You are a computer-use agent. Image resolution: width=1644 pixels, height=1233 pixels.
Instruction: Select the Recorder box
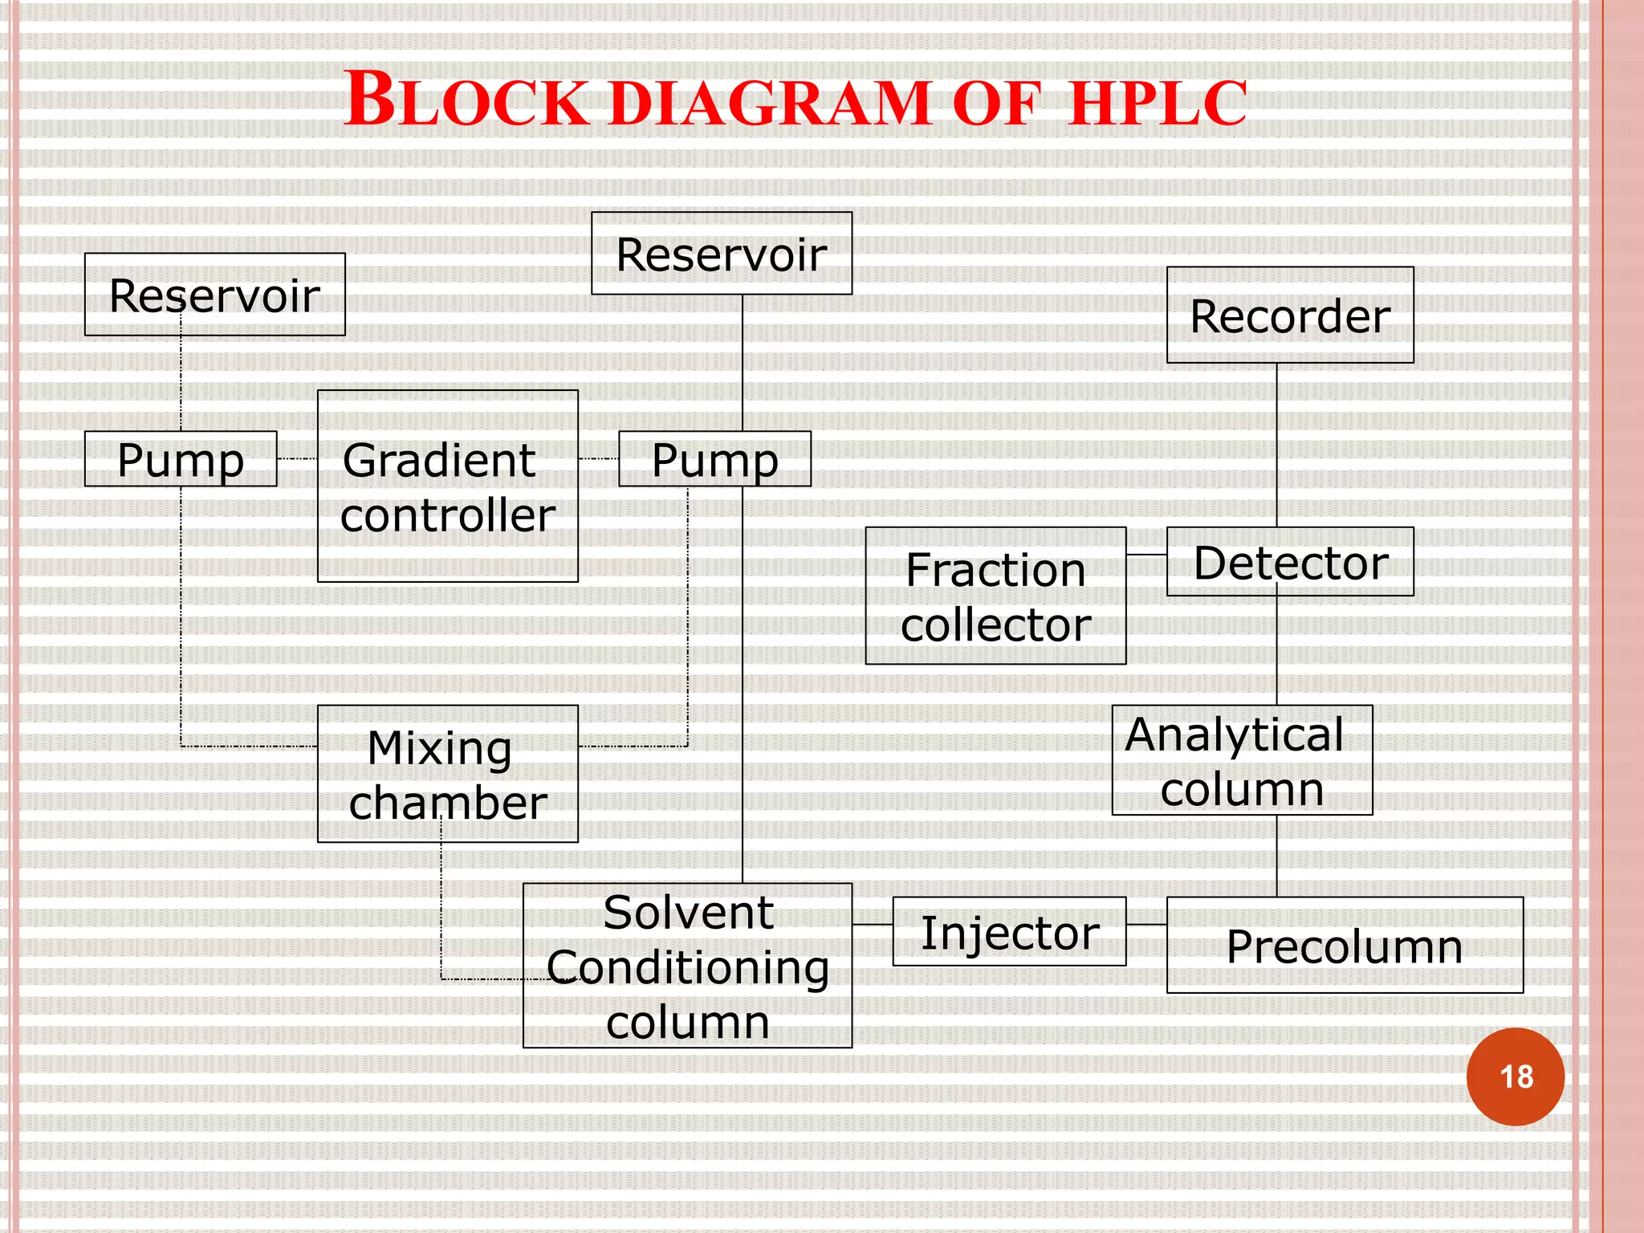pyautogui.click(x=1289, y=315)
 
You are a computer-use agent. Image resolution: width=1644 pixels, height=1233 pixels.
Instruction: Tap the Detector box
pyautogui.click(x=1289, y=562)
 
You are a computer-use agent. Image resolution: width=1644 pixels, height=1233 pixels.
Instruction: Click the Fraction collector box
pyautogui.click(x=995, y=596)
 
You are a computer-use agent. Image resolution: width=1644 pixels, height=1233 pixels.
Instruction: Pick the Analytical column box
pyautogui.click(x=1241, y=760)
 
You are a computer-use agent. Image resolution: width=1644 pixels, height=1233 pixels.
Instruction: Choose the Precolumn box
pyautogui.click(x=1344, y=945)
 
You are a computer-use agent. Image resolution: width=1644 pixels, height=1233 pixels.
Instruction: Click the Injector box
pyautogui.click(x=1008, y=931)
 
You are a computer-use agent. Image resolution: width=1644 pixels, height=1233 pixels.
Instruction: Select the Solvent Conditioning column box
pyautogui.click(x=687, y=966)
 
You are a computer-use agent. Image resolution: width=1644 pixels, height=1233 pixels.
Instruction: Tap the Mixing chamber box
pyautogui.click(x=447, y=774)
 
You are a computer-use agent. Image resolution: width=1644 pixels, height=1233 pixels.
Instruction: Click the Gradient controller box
pyautogui.click(x=447, y=486)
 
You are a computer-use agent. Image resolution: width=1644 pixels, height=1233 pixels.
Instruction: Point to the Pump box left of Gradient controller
pyautogui.click(x=181, y=459)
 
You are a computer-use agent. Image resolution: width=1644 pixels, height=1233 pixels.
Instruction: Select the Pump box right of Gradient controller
pyautogui.click(x=714, y=459)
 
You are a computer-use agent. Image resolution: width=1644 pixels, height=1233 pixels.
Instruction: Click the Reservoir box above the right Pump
pyautogui.click(x=721, y=254)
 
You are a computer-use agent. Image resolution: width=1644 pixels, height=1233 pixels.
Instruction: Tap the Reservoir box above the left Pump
pyautogui.click(x=214, y=295)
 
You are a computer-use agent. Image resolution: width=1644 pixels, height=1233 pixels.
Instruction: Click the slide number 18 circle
pyautogui.click(x=1515, y=1076)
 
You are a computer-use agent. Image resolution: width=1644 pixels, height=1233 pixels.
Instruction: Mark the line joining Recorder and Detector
pyautogui.click(x=1276, y=446)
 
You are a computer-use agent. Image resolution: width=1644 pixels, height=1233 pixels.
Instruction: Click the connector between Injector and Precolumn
pyautogui.click(x=1146, y=925)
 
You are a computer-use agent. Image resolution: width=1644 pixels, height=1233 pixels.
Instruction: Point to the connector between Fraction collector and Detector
pyautogui.click(x=1146, y=555)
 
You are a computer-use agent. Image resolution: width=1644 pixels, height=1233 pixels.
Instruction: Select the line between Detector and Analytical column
pyautogui.click(x=1276, y=650)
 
